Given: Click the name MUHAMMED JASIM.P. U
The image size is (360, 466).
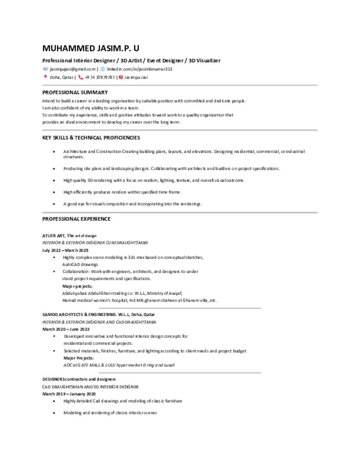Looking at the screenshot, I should click(x=91, y=48).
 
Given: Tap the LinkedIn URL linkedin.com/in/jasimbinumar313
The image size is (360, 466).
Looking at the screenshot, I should click(x=139, y=69).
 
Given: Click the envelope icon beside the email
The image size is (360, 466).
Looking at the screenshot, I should click(x=45, y=69).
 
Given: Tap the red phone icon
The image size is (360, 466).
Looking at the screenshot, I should click(x=81, y=77).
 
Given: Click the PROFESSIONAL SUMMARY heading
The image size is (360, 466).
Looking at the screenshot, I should click(x=75, y=92).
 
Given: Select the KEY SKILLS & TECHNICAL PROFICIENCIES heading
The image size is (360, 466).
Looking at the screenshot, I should click(x=91, y=137).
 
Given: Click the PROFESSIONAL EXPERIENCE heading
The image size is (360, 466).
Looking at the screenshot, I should click(x=76, y=219).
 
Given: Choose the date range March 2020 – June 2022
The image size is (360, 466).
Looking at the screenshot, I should click(x=66, y=329).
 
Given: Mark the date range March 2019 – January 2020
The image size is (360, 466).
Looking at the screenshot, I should click(x=69, y=394).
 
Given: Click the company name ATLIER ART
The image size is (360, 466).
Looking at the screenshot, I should click(x=54, y=236).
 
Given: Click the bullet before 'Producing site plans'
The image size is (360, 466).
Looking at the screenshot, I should click(x=55, y=169).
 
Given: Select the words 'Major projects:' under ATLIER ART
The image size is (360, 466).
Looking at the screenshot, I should click(x=77, y=286).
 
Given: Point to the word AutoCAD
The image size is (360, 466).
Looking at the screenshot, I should click(x=71, y=264).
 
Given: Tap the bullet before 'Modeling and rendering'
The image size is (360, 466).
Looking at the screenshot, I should click(x=55, y=413).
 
